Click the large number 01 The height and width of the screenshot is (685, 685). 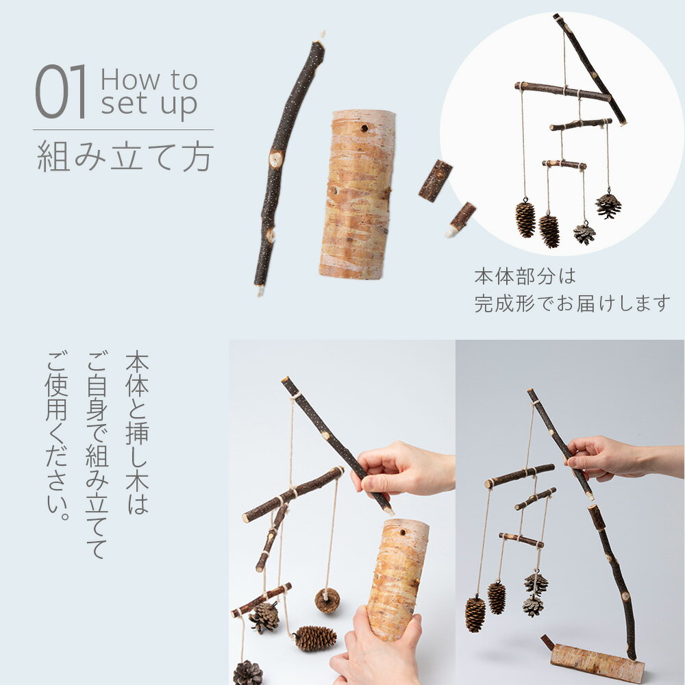(x=60, y=91)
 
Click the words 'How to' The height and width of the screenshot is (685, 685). (x=149, y=80)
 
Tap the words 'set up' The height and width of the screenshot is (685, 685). (x=149, y=104)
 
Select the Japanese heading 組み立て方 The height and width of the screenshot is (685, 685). (x=125, y=156)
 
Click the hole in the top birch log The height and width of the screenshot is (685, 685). (x=364, y=129)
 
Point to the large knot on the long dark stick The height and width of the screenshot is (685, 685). (x=275, y=159)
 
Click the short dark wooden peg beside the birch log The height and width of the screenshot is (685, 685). (x=435, y=181)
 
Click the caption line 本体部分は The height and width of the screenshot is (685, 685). (x=525, y=277)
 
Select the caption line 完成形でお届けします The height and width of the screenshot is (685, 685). (x=572, y=303)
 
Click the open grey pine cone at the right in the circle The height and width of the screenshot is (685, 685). (x=608, y=206)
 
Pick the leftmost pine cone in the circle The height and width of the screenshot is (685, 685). (x=525, y=220)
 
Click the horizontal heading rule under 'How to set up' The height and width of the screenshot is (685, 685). (x=123, y=129)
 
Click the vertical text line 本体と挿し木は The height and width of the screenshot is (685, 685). (x=137, y=432)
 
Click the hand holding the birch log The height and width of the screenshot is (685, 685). (x=375, y=647)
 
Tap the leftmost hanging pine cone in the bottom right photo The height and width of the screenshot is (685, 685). (x=475, y=614)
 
